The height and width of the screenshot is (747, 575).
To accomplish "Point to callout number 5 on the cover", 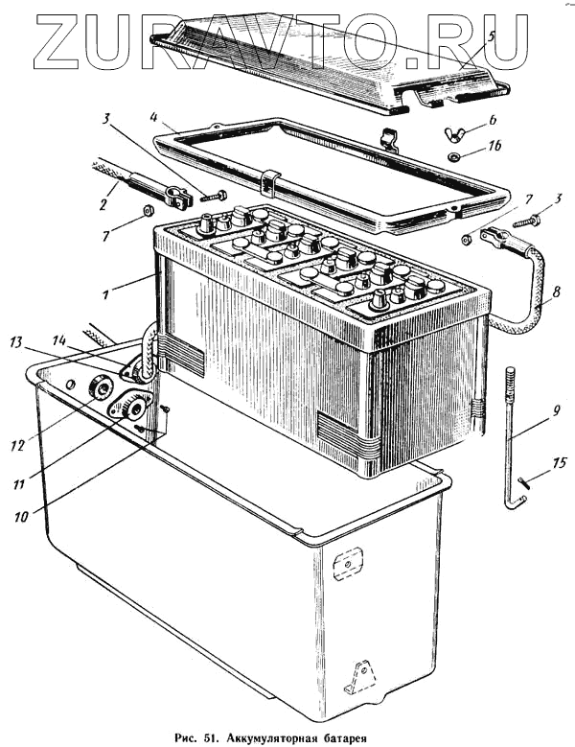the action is point(490,36).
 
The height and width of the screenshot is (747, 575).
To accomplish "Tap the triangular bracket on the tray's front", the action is point(361,677).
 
